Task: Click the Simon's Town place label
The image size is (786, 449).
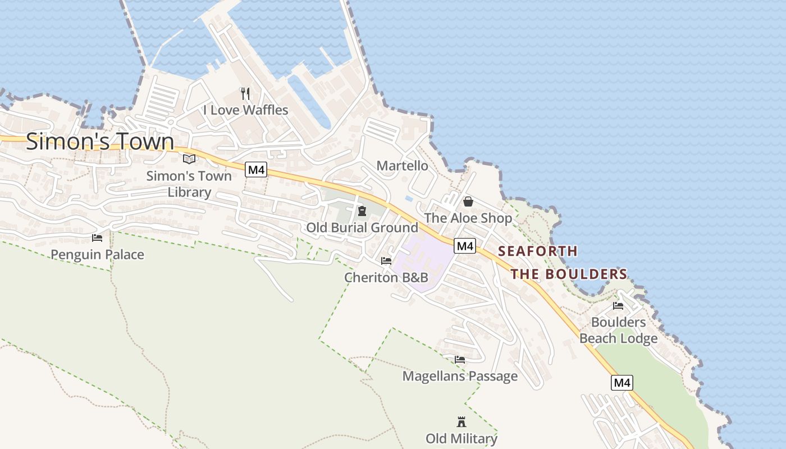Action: coord(100,141)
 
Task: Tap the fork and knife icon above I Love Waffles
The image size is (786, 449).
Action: coord(245,93)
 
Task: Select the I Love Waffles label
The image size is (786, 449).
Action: coord(246,110)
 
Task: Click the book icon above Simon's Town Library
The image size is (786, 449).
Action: coord(189,159)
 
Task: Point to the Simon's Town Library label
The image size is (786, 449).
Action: coord(189,184)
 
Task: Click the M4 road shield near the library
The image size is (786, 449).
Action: coord(256,169)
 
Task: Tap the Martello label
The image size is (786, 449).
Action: coord(402,166)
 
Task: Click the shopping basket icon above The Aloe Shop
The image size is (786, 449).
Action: coord(468,201)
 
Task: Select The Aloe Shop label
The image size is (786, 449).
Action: coord(468,218)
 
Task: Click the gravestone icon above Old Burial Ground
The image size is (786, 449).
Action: coord(362,211)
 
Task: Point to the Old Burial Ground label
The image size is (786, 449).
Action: coord(362,227)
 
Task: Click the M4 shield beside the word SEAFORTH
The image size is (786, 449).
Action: coord(465,246)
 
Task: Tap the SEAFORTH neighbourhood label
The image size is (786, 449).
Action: coord(538,251)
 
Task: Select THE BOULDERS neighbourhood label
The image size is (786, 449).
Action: coord(569,274)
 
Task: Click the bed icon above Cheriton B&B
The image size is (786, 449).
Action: coord(386,261)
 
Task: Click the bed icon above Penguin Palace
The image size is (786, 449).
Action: coord(97,238)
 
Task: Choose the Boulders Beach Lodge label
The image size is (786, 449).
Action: coord(618,331)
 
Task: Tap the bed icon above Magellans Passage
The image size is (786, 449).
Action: coord(460,360)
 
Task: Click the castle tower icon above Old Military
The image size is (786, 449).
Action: coord(461,422)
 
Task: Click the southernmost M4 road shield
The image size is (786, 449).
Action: coord(622,383)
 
